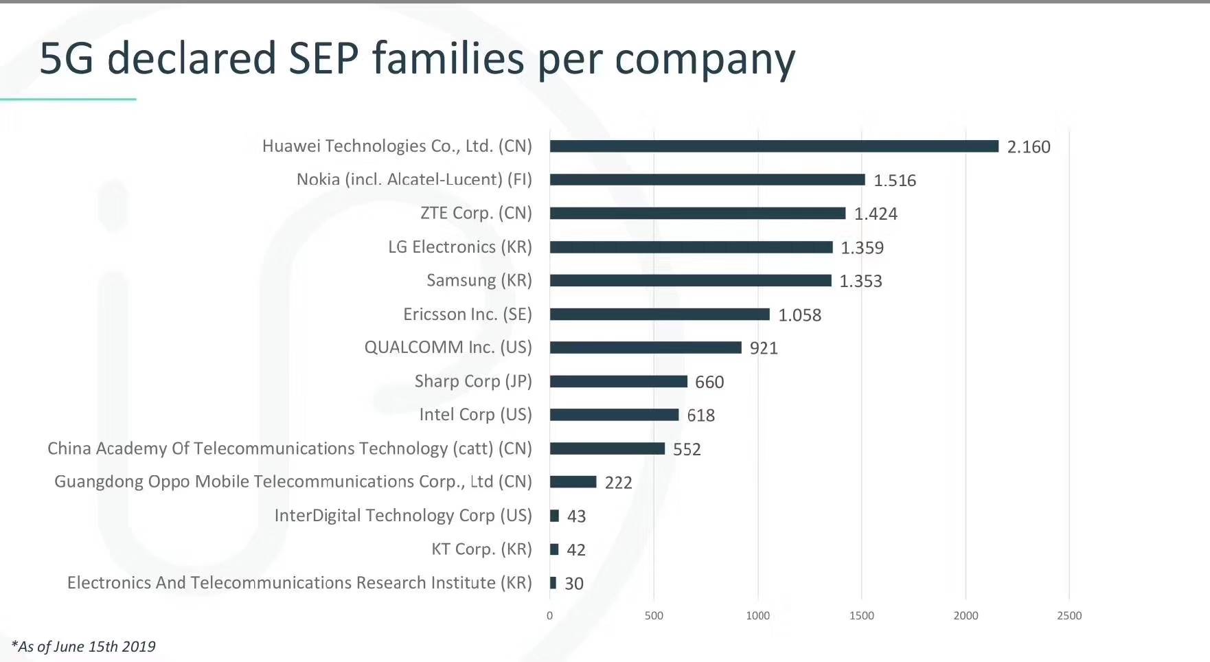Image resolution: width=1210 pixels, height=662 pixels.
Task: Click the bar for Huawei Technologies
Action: pyautogui.click(x=774, y=146)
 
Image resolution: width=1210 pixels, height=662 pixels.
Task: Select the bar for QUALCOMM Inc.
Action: pyautogui.click(x=646, y=347)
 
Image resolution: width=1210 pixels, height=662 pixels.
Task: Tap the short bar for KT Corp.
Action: pyautogui.click(x=554, y=549)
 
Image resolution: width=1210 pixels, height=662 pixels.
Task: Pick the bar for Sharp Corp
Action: pyautogui.click(x=618, y=381)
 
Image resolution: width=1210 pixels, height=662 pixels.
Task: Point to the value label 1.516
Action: pyautogui.click(x=894, y=181)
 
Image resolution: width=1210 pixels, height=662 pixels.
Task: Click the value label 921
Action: pyautogui.click(x=764, y=348)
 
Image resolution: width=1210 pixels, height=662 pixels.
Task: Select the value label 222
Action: pyautogui.click(x=618, y=483)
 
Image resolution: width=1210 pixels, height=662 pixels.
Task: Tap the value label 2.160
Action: pyautogui.click(x=1028, y=147)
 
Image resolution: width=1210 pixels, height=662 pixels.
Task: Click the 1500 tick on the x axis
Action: pyautogui.click(x=861, y=616)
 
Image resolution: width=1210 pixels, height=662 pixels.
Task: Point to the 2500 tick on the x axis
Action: pyautogui.click(x=1069, y=616)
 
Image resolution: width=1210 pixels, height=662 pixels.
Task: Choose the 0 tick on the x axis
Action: pyautogui.click(x=549, y=616)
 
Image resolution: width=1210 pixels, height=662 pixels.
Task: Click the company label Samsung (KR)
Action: pyautogui.click(x=479, y=280)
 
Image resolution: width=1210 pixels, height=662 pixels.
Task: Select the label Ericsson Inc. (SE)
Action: pyautogui.click(x=467, y=315)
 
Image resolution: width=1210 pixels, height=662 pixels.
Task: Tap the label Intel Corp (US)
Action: pyautogui.click(x=475, y=415)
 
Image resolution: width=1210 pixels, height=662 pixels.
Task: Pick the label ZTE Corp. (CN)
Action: pyautogui.click(x=476, y=213)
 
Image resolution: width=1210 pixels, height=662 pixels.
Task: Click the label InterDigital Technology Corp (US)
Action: pyautogui.click(x=403, y=516)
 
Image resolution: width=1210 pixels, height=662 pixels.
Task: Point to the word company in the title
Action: pyautogui.click(x=705, y=60)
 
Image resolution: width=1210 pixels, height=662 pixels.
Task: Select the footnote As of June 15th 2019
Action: pyautogui.click(x=84, y=646)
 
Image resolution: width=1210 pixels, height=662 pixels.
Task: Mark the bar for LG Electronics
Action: pyautogui.click(x=691, y=247)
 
